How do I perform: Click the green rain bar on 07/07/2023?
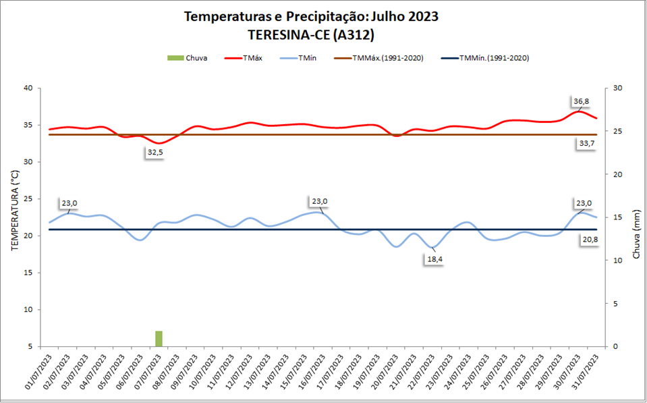point(159,338)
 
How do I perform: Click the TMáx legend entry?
point(248,58)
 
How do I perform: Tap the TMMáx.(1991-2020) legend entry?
point(378,58)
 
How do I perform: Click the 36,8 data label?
point(581,101)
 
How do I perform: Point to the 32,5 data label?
point(155,153)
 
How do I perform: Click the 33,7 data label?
point(587,143)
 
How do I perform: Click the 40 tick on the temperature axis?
point(27,88)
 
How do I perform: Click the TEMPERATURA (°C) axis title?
point(14,211)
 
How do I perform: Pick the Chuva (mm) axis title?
point(636,234)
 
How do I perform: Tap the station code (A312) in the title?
point(348,34)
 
